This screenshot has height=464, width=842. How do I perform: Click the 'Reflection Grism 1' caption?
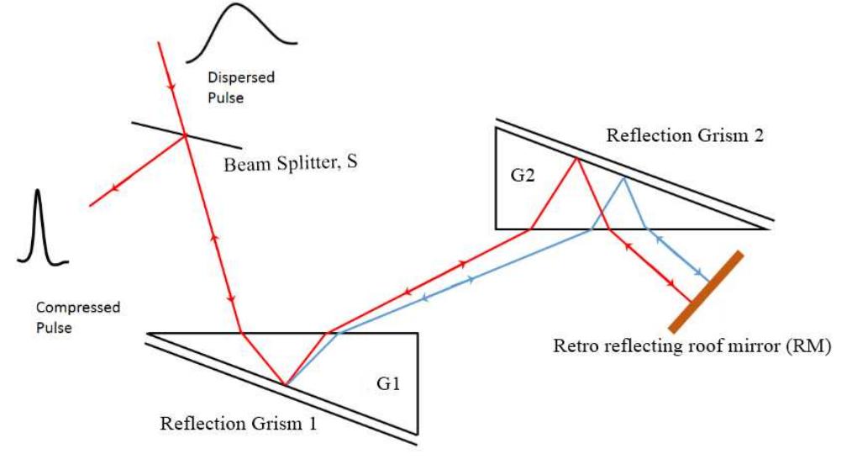coord(239,424)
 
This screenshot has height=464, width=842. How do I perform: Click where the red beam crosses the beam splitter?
coord(185,135)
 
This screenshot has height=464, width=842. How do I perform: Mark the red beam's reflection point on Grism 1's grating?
coord(286,386)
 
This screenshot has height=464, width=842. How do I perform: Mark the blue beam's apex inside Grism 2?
coord(624,177)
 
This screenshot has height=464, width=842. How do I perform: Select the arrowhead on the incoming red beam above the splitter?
coord(171,87)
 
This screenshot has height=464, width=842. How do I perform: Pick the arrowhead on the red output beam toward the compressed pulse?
coord(114,187)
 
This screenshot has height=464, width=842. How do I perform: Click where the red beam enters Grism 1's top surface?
coord(242,333)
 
